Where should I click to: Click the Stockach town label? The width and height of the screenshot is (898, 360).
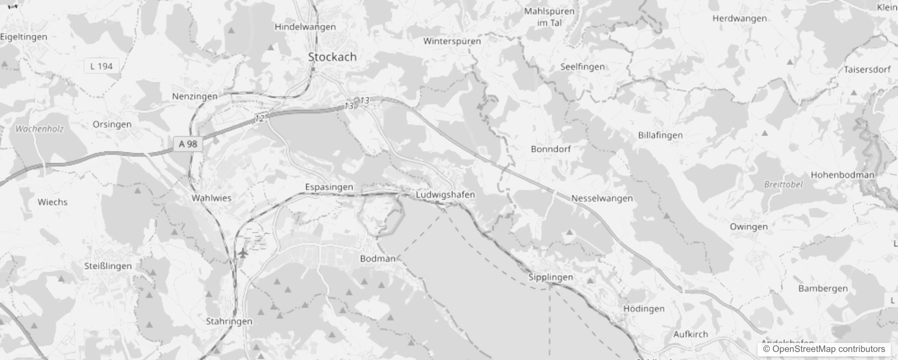(x=332, y=57)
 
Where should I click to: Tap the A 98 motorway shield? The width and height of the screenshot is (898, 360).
(x=188, y=144)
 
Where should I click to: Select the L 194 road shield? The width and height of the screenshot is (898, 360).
(x=101, y=67)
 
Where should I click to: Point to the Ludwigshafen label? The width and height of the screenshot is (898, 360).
(x=445, y=195)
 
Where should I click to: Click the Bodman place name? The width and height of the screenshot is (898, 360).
(x=377, y=259)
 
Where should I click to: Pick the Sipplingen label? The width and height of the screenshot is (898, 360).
(x=551, y=277)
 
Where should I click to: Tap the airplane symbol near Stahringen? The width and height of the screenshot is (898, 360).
(x=243, y=253)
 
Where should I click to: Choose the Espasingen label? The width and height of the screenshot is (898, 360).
(x=329, y=187)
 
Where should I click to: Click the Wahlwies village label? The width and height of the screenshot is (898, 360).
(x=211, y=198)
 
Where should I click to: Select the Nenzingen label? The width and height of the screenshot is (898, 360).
(x=194, y=96)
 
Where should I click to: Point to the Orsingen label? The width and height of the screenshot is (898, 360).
(x=112, y=124)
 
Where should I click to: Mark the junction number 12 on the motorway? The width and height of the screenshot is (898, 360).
(x=260, y=119)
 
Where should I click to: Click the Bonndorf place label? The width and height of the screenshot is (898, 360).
(x=551, y=149)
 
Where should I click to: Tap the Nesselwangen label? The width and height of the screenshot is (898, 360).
(x=602, y=198)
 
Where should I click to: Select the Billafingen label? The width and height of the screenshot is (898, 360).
(x=660, y=135)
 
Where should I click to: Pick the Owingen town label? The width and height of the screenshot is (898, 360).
(x=749, y=227)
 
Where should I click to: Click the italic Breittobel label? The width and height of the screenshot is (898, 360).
(x=783, y=184)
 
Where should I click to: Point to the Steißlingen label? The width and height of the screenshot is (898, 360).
(x=108, y=266)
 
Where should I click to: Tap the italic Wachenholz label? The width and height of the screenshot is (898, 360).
(x=40, y=129)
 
